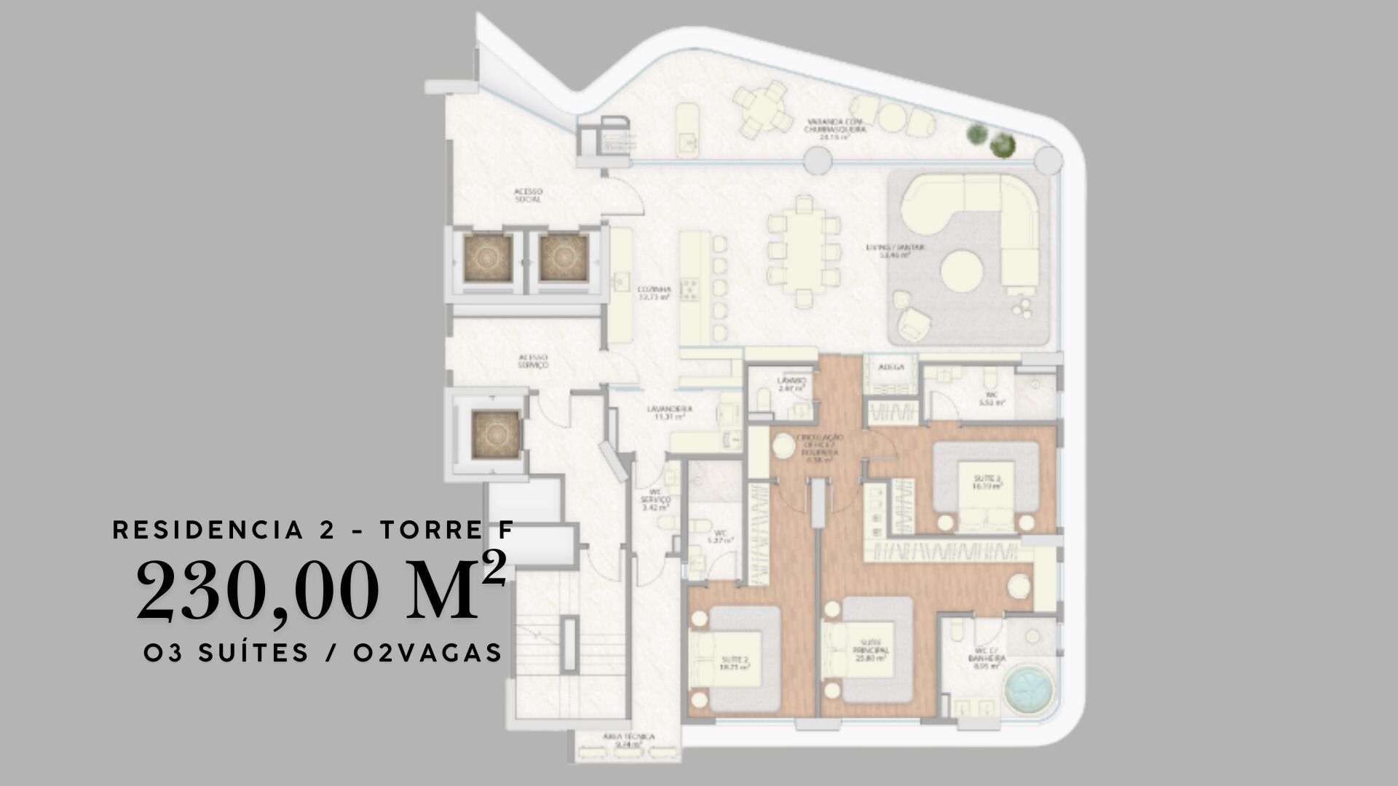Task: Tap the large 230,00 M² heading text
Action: (x=320, y=589)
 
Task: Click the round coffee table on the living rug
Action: (x=962, y=271)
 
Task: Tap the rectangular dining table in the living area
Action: (x=803, y=250)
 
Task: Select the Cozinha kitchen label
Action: (x=653, y=293)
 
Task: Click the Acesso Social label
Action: (x=528, y=195)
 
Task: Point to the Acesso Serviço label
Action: (x=533, y=361)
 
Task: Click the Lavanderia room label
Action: (x=669, y=413)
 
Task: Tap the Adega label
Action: (x=890, y=368)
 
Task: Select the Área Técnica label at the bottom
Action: (x=628, y=740)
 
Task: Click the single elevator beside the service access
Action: (x=495, y=434)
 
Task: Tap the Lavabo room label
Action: (x=791, y=384)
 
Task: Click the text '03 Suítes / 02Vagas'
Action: (x=323, y=653)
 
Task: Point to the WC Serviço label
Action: (x=655, y=500)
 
